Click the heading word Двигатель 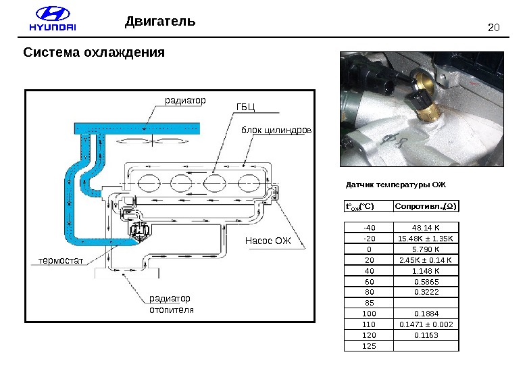click(160, 22)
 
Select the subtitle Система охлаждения click(95, 52)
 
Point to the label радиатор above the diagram click(185, 100)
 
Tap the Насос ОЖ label click(267, 241)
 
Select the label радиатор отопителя click(171, 304)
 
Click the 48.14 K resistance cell click(426, 228)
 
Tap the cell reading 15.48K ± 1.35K click(426, 239)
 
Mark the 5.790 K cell click(426, 249)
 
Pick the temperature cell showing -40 click(369, 228)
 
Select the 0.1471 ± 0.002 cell click(426, 324)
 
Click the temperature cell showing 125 click(369, 346)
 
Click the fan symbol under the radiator click(153, 140)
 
